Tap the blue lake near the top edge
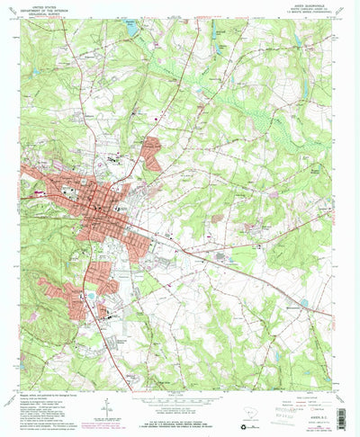pyautogui.click(x=133, y=30)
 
